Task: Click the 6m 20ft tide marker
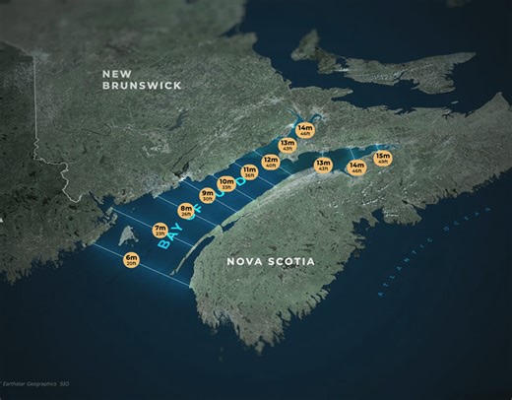click(131, 260)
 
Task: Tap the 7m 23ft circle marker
click(160, 231)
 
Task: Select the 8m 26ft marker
click(185, 210)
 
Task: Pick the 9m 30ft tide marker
click(208, 195)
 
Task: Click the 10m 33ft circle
click(226, 183)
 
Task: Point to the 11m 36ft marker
click(249, 172)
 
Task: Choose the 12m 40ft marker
click(271, 161)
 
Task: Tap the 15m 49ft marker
click(382, 158)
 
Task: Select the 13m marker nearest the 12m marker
click(288, 146)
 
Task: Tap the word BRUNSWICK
click(142, 87)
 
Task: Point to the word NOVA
click(243, 262)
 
